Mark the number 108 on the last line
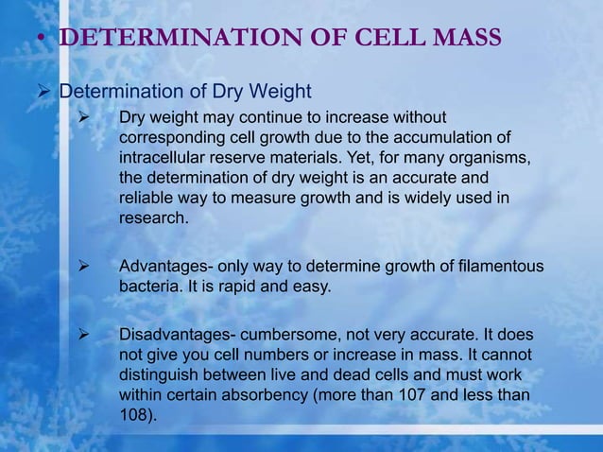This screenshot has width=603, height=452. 136,415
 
